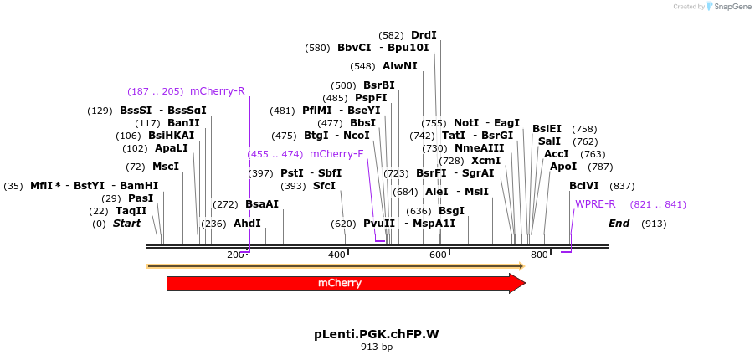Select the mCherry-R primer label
point(217,91)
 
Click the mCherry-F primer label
point(336,154)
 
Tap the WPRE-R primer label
point(595,204)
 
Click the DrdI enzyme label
point(424,35)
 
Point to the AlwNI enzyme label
point(399,66)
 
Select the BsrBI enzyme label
point(378,85)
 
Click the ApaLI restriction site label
point(172,148)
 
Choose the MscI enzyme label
point(166,167)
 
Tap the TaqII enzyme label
point(131,211)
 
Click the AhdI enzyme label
point(247,224)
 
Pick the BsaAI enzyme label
point(262,204)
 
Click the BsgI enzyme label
point(451,211)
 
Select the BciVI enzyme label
point(584,186)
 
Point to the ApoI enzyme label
point(563,167)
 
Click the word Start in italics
point(126,224)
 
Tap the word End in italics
point(619,224)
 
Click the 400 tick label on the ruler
point(336,255)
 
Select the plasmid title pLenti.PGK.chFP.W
point(377,334)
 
